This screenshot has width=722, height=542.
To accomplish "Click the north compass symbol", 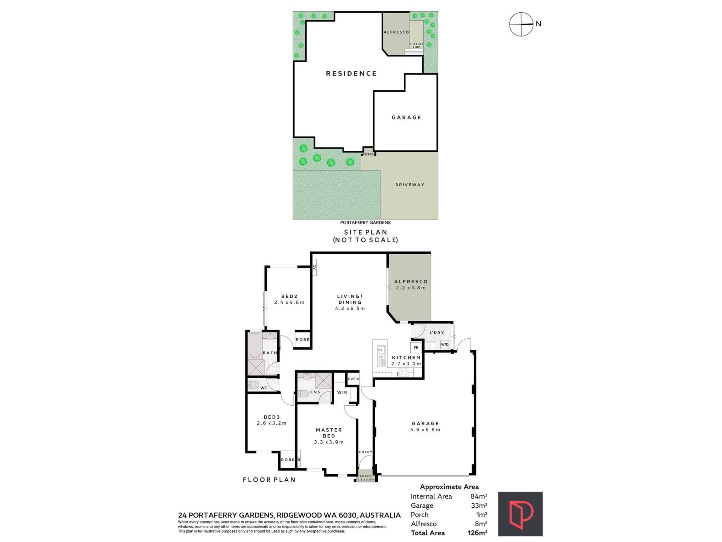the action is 521,24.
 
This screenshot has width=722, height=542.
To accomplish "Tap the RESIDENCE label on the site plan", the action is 351,73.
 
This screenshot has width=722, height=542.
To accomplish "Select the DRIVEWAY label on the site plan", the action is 410,185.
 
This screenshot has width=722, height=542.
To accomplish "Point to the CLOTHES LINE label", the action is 416,46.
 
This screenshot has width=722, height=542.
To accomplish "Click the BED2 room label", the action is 289,296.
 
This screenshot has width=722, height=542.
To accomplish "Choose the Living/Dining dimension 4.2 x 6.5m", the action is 350,308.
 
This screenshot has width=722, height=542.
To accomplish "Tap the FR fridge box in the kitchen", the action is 416,347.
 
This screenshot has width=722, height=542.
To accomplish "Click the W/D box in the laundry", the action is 444,344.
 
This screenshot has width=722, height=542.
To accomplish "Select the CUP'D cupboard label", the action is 353,379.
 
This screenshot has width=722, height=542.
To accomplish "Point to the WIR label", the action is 342,393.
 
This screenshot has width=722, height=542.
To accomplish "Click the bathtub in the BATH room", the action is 255,346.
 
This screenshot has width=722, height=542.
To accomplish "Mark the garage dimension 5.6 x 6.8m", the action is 425,429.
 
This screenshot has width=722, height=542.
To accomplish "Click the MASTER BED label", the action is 329,433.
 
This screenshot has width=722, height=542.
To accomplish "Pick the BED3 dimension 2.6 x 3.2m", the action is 272,423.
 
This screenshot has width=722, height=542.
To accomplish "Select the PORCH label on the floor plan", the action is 366,476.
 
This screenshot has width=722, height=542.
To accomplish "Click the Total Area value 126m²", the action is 478,533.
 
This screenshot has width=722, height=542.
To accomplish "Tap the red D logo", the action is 520,514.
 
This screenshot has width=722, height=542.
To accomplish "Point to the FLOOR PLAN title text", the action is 269,480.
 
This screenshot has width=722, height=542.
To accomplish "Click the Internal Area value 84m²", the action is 479,496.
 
